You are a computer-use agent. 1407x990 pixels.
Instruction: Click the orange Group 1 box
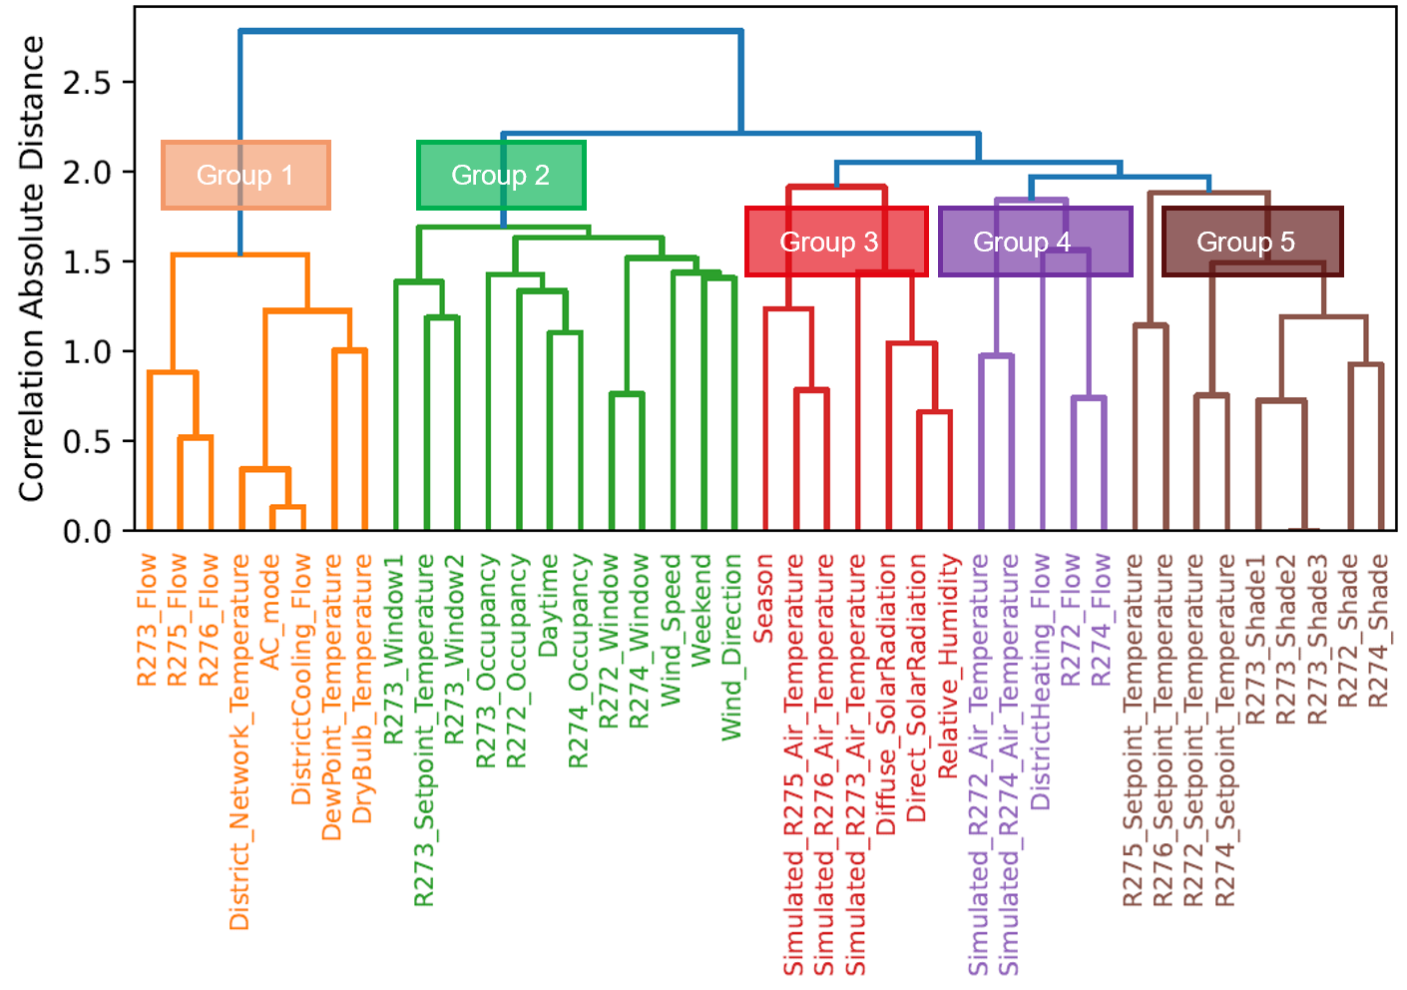(245, 176)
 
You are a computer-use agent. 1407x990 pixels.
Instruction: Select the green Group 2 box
(500, 176)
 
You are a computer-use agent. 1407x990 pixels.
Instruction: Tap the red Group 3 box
(836, 242)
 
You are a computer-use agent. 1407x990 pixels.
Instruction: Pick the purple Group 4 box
(1035, 242)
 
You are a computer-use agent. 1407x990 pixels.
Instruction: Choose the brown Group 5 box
(1251, 242)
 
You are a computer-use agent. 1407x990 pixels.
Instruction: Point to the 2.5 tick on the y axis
(88, 83)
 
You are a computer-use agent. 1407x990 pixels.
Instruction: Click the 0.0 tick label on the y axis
(88, 531)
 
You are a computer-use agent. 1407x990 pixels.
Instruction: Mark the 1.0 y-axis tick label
(88, 352)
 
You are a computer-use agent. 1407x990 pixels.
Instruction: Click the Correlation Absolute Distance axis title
(32, 269)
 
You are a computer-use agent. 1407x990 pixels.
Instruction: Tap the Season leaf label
(763, 599)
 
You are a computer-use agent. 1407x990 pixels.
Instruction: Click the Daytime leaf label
(548, 606)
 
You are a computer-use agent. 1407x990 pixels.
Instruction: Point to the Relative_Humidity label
(948, 666)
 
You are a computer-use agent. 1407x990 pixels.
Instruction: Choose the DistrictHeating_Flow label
(1040, 682)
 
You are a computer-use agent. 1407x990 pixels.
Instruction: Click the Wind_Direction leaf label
(732, 647)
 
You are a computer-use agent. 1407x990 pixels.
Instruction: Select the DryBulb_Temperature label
(362, 689)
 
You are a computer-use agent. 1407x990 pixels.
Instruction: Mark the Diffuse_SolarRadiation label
(886, 695)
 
